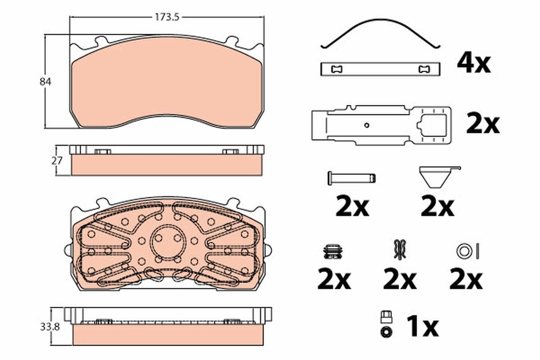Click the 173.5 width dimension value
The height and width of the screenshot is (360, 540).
click(167, 18)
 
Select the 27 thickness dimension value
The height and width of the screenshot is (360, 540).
click(57, 160)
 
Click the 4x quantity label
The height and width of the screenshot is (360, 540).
click(473, 63)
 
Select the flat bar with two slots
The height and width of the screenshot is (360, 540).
click(380, 69)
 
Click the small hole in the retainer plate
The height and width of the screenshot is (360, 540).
click(367, 126)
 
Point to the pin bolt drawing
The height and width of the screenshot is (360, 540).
click(351, 178)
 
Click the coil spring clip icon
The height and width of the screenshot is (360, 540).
click(333, 251)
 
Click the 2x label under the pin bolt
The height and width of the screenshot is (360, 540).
click(352, 207)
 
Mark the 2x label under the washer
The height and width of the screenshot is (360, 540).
click(466, 280)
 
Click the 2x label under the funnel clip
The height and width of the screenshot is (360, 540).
click(437, 207)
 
